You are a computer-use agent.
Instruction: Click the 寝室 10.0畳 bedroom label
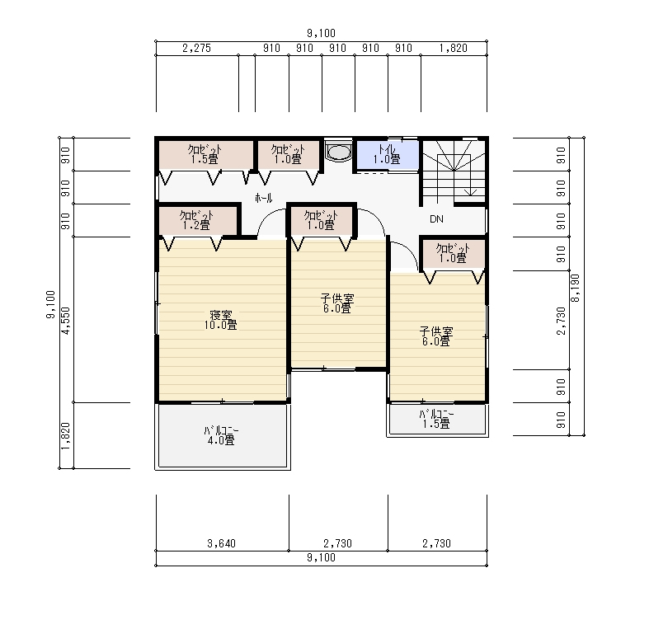pyautogui.click(x=220, y=320)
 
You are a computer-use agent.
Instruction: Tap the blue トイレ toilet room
pyautogui.click(x=388, y=155)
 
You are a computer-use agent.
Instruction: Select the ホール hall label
pyautogui.click(x=263, y=198)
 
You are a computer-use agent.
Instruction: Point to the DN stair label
pyautogui.click(x=436, y=219)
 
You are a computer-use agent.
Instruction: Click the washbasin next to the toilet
pyautogui.click(x=339, y=152)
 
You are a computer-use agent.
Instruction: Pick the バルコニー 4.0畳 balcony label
pyautogui.click(x=221, y=435)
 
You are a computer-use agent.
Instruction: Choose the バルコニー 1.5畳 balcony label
pyautogui.click(x=436, y=419)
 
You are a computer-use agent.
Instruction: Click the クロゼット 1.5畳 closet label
pyautogui.click(x=205, y=154)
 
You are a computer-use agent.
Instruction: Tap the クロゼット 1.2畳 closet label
pyautogui.click(x=196, y=220)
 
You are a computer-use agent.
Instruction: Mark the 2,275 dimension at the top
pyautogui.click(x=197, y=48)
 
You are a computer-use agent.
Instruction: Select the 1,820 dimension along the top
pyautogui.click(x=454, y=48)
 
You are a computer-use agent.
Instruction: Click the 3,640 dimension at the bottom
pyautogui.click(x=221, y=543)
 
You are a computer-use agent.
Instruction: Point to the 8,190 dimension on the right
pyautogui.click(x=576, y=288)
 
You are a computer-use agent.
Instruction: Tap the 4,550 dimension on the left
pyautogui.click(x=66, y=320)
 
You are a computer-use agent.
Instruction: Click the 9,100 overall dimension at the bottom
pyautogui.click(x=322, y=557)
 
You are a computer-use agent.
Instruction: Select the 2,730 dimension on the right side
pyautogui.click(x=562, y=321)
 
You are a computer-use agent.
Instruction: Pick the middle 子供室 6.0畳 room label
pyautogui.click(x=337, y=303)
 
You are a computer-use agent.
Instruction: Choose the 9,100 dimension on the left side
pyautogui.click(x=50, y=304)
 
